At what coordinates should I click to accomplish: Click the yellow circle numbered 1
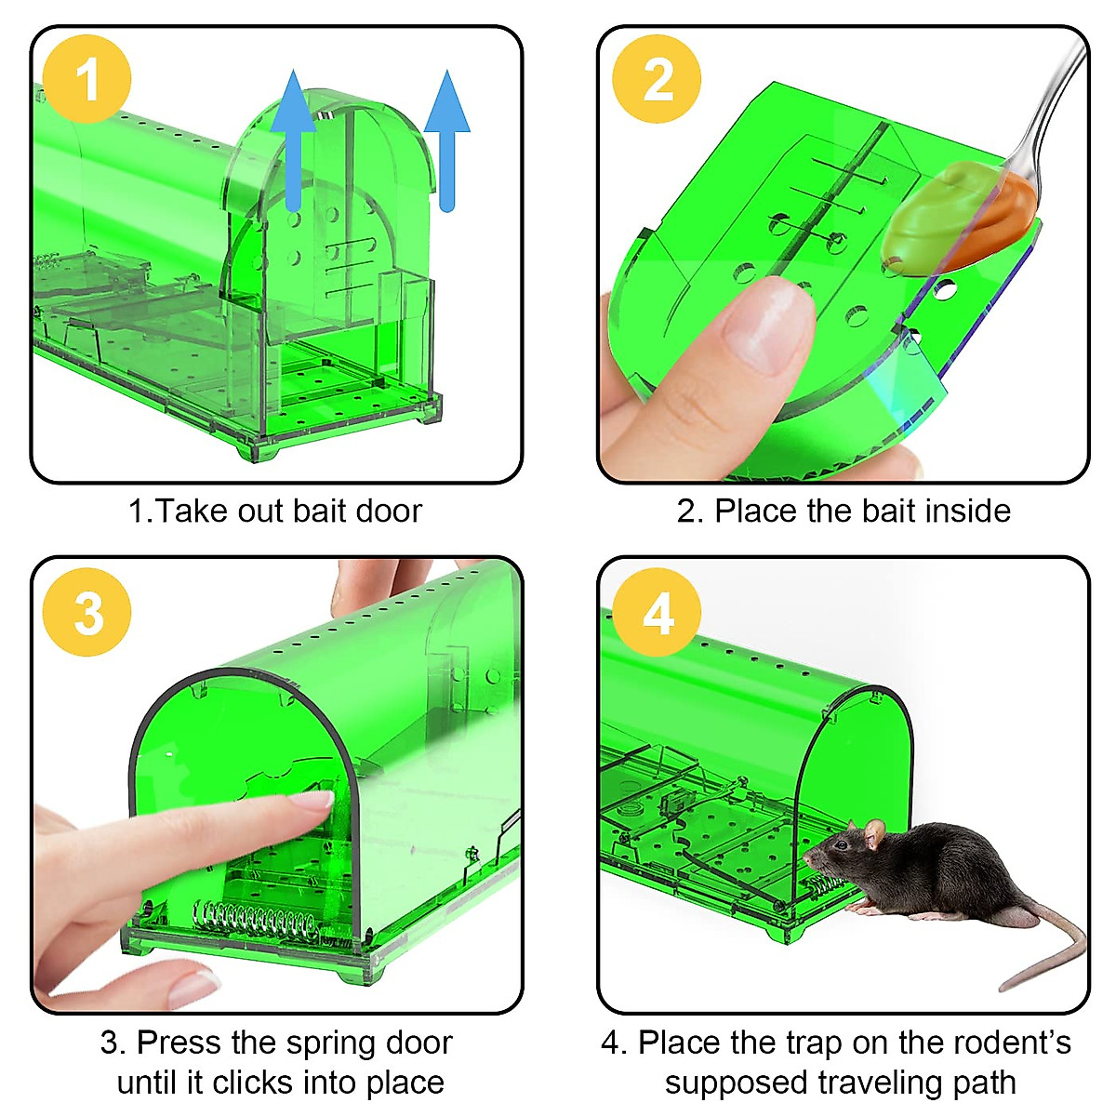point(86,79)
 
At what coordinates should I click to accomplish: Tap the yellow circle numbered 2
point(657,79)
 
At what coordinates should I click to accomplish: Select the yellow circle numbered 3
point(87,613)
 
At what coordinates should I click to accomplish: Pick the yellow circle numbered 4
point(657,613)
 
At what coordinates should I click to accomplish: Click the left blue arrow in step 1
point(293,139)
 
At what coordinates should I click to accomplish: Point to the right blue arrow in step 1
point(447,139)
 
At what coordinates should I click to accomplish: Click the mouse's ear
point(873,833)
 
